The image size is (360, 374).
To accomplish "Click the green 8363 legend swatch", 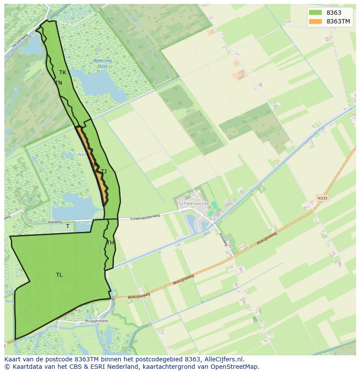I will coord(315,13).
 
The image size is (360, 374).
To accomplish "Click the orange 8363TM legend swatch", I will coord(315,21).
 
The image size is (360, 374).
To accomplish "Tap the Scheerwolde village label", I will coord(194,204).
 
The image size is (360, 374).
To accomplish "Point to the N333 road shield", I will coord(322,198).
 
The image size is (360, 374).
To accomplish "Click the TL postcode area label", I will coord(59,275).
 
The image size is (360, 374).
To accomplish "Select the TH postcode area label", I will coord(110,243).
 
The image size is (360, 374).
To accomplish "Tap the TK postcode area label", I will coord(63,73).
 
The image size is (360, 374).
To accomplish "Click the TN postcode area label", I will coord(59,83).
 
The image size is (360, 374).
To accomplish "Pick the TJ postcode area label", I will coord(104,172).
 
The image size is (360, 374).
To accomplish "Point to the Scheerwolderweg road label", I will coord(145,217).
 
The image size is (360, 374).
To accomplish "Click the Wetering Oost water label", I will coord(102,63).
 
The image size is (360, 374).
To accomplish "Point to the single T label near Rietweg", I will coord(67,226).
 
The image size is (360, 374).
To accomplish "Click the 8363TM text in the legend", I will coord(339,21).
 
